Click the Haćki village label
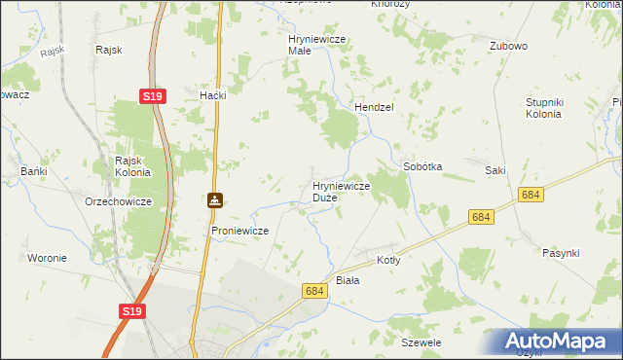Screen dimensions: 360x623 click(212, 95)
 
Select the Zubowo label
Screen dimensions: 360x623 click(508, 46)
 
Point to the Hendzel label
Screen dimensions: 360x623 click(372, 107)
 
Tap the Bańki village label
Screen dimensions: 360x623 click(34, 171)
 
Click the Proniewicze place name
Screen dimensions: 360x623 click(239, 231)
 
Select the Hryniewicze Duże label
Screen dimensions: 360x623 click(339, 191)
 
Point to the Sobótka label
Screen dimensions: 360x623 click(422, 166)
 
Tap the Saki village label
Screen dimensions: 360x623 click(495, 170)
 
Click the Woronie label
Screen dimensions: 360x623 click(47, 258)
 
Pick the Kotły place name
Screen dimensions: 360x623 click(388, 260)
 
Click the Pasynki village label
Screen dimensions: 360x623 click(561, 253)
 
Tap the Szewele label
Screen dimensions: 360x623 click(421, 343)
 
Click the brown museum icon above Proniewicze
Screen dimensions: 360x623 click(214, 201)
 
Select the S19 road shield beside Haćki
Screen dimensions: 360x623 click(152, 96)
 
